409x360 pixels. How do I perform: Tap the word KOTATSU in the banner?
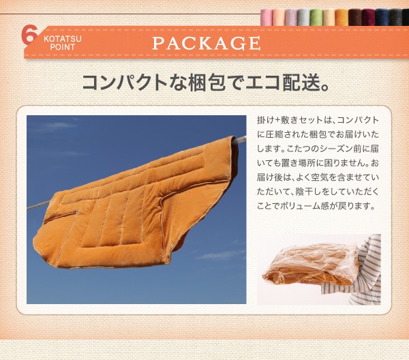click(x=63, y=39)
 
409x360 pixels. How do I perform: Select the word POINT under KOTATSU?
click(x=63, y=47)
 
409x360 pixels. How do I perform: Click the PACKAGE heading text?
click(x=207, y=44)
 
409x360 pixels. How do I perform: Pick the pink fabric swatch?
click(x=267, y=18)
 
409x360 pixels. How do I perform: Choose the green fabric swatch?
click(x=316, y=18)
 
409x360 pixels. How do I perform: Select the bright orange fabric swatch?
click(x=342, y=18)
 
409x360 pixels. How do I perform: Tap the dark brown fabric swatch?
click(x=354, y=18)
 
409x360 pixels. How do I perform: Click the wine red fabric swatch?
click(x=367, y=18)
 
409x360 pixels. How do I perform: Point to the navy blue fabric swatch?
click(x=381, y=18)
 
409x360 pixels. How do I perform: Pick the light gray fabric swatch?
click(x=303, y=18)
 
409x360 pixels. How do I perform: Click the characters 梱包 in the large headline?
click(x=207, y=82)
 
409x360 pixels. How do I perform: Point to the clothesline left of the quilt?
click(x=38, y=205)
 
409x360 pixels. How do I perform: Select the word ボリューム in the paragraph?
click(x=300, y=207)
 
